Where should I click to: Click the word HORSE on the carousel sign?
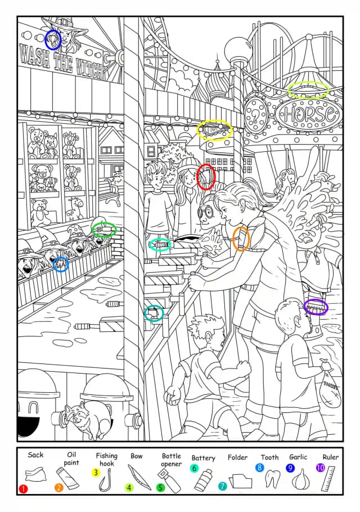tap(309, 114)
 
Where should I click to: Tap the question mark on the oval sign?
tap(255, 115)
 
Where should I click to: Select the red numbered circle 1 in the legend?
tap(23, 489)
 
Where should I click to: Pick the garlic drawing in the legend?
tap(299, 479)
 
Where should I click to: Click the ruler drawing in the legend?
tap(328, 479)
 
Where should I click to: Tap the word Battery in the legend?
tap(203, 458)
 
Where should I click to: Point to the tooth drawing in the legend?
tap(272, 478)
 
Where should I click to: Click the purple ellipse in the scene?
tap(316, 307)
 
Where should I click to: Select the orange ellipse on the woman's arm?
tap(241, 239)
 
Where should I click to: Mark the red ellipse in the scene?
tap(206, 176)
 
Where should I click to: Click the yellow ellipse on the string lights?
tap(215, 130)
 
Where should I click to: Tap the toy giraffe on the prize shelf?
tap(74, 209)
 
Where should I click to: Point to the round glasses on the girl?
tap(205, 212)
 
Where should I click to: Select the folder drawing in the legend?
tap(241, 480)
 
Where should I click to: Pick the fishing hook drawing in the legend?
tap(105, 480)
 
